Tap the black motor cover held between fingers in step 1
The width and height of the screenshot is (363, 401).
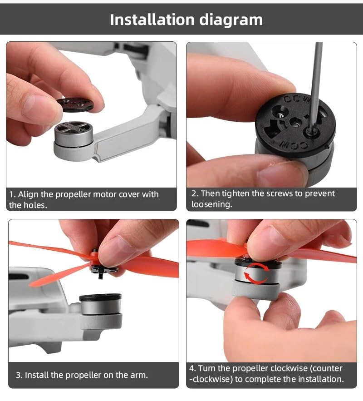click(75, 104)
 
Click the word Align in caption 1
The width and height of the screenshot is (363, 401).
click(28, 194)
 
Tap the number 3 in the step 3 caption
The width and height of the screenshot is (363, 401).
click(18, 375)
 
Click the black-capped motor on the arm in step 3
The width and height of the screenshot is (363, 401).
click(100, 307)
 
